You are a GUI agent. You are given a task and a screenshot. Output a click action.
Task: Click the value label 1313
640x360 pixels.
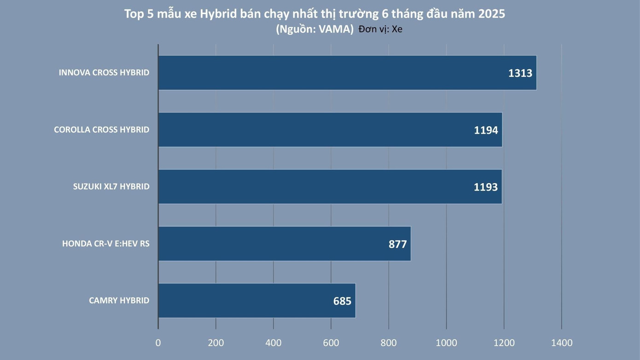520,73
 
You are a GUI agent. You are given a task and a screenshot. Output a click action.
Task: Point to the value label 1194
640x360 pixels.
486,130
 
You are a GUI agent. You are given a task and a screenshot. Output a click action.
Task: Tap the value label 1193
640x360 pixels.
486,187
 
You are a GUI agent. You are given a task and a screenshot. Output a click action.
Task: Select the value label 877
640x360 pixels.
398,244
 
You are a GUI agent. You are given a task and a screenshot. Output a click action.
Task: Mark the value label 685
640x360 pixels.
342,301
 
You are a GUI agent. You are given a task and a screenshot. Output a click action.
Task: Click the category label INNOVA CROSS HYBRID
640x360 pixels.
104,73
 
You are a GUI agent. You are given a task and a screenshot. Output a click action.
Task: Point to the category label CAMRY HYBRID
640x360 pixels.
119,301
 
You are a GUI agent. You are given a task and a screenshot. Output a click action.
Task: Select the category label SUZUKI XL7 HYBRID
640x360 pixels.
111,186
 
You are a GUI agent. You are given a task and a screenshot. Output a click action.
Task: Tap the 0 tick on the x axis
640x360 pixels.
158,343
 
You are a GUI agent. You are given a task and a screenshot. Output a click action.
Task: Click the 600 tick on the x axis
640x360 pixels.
331,343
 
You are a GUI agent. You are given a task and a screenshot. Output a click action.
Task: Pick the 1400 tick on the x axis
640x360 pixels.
562,343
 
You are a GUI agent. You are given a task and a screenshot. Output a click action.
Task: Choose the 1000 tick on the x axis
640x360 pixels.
447,343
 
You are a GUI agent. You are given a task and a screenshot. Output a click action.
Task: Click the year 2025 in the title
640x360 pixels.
491,14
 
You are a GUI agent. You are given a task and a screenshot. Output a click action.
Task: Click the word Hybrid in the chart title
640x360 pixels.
219,14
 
